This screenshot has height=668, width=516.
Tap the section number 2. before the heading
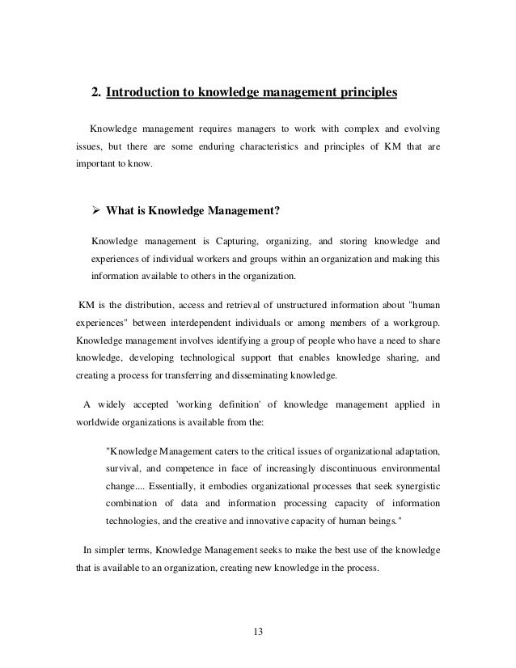[97, 93]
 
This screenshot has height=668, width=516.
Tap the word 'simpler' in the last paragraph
[110, 551]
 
